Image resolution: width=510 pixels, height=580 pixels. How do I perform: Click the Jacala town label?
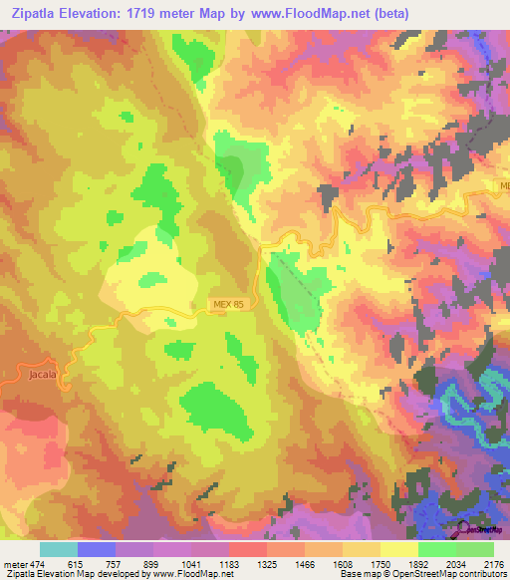coord(32,375)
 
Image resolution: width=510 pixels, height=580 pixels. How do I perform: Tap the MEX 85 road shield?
coord(228,303)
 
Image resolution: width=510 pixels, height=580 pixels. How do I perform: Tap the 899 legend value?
coord(151,563)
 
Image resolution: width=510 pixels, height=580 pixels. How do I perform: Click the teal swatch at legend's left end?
coord(59,549)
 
